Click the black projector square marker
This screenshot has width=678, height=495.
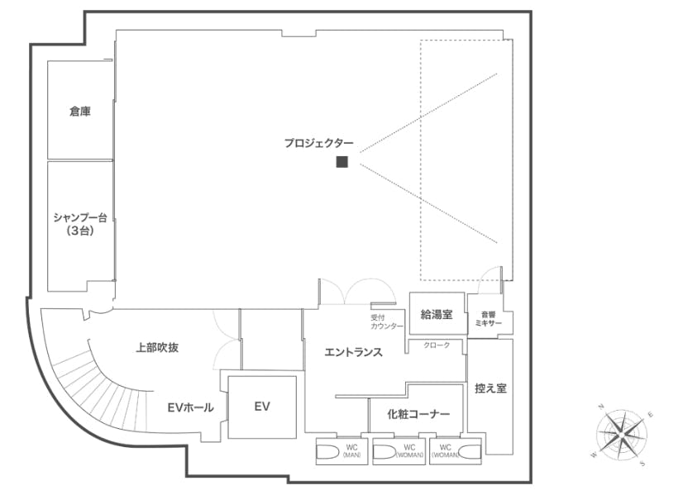341,162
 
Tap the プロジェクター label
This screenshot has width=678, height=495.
318,143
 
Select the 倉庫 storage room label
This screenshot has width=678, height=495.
80,112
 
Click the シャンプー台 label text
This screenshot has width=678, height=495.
80,217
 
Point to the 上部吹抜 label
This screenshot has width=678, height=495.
157,348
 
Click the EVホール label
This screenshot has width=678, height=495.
190,407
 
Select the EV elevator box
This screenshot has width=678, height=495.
262,407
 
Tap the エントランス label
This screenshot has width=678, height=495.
353,352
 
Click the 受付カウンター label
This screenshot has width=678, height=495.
387,322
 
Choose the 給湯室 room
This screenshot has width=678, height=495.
437,314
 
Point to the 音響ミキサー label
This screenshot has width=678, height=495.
489,319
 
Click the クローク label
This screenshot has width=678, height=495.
437,345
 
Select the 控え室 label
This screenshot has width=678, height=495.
490,388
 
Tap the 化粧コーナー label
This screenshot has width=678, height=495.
418,414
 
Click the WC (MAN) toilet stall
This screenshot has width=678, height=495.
341,452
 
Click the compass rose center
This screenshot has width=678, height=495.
621,434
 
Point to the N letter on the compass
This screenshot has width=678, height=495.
600,407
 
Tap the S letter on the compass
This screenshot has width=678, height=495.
642,464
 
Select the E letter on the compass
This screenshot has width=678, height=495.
651,415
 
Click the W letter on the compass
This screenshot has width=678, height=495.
593,455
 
